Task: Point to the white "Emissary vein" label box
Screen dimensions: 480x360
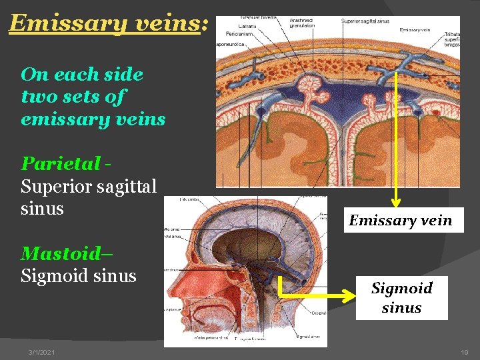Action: [401, 220]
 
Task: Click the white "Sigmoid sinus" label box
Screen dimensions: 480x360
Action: [401, 298]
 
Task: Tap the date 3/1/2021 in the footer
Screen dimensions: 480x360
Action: [42, 352]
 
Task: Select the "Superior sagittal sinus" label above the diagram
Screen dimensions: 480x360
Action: [365, 21]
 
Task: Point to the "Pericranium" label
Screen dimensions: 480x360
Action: [239, 33]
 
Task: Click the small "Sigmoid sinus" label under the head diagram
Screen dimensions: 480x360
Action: [308, 337]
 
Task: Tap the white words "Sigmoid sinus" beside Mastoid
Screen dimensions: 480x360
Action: [78, 275]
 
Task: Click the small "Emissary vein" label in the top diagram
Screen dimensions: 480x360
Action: [414, 29]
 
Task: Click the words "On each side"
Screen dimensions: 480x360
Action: [82, 73]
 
